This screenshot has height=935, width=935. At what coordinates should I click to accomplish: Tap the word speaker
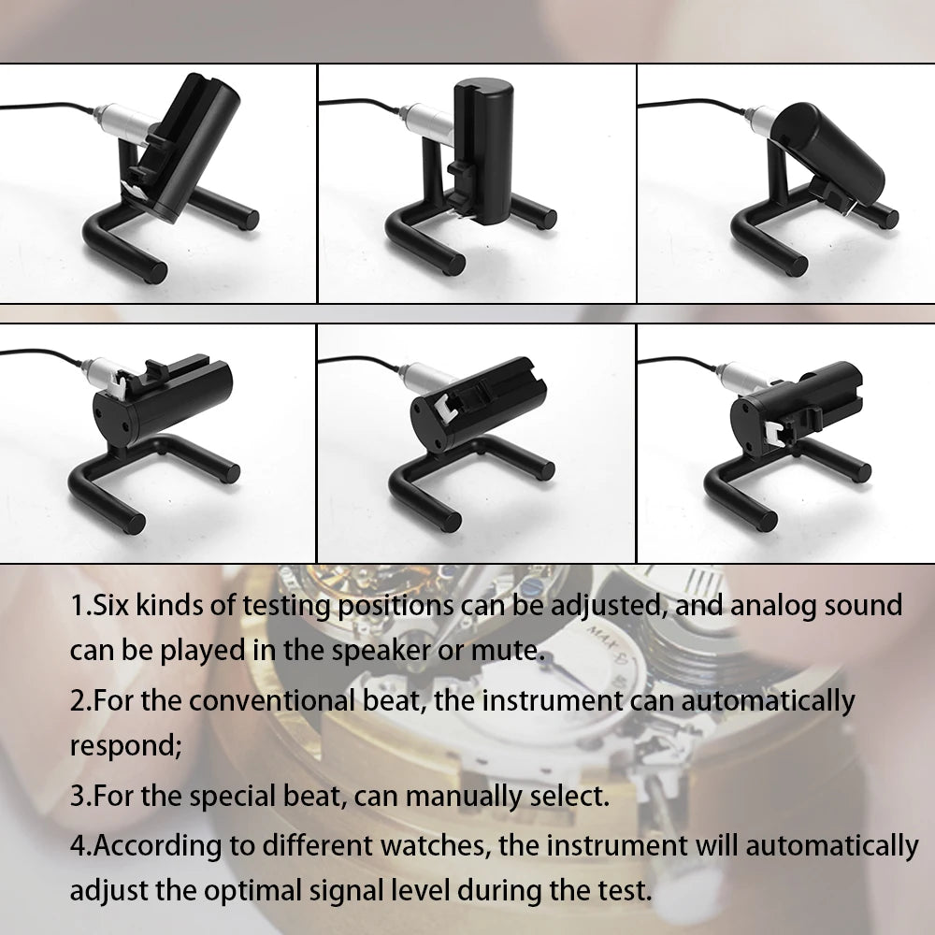[378, 650]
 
